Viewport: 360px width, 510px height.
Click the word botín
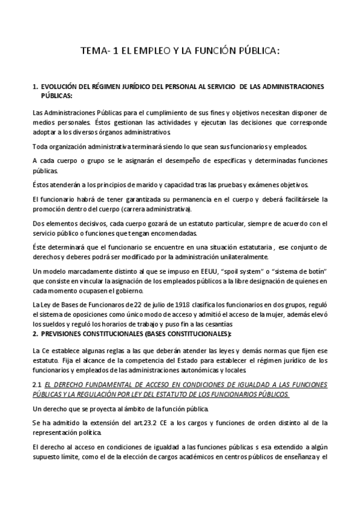coord(309,272)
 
